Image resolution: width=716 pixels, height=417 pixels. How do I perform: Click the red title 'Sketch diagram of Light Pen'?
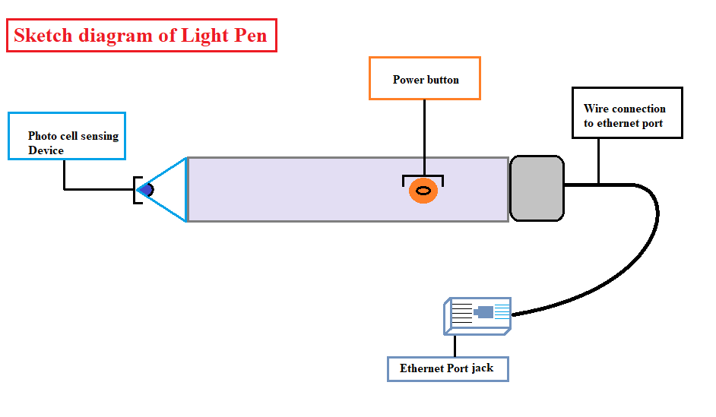tap(141, 36)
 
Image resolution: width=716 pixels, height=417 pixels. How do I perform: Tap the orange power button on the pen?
tap(423, 191)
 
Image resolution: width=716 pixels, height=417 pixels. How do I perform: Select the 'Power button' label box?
tap(425, 78)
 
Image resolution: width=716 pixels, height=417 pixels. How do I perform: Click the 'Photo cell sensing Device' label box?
tap(67, 136)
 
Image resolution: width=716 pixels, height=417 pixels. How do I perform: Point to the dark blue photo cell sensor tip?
tap(147, 190)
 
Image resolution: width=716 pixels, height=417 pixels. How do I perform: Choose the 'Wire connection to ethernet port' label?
tap(627, 113)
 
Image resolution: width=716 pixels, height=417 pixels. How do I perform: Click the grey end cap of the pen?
tap(537, 188)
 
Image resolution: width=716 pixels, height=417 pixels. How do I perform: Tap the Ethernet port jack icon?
tap(478, 314)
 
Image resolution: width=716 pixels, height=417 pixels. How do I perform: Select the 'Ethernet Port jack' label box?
tap(447, 369)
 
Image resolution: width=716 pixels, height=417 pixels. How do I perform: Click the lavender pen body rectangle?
tap(304, 190)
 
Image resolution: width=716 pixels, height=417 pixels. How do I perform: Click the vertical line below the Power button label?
tap(424, 137)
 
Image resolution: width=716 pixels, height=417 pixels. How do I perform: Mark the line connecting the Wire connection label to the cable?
tap(599, 161)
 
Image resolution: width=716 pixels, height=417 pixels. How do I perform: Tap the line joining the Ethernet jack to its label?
tap(455, 346)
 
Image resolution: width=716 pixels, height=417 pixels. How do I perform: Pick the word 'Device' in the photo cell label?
tap(46, 150)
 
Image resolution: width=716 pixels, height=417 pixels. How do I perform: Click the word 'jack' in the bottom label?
tap(482, 368)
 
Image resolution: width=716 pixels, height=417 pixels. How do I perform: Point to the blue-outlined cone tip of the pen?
tap(171, 190)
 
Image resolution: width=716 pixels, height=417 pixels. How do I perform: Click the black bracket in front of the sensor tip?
tap(136, 190)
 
